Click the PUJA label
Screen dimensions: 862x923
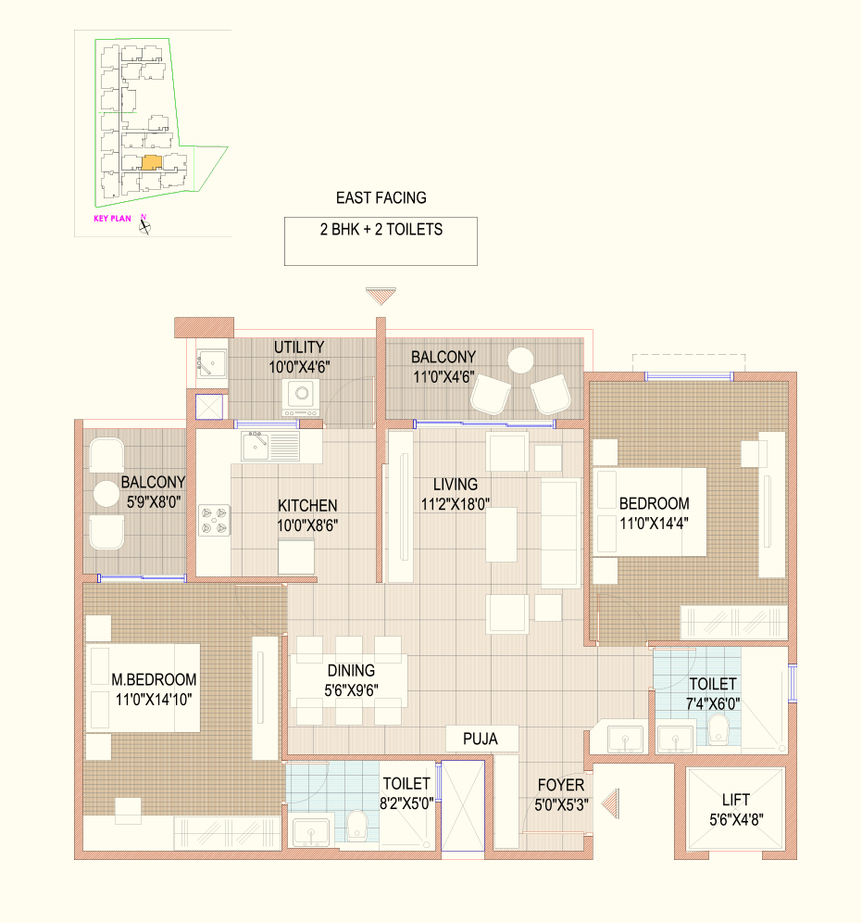pos(481,739)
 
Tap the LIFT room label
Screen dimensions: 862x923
pos(735,800)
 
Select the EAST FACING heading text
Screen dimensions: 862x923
pos(381,197)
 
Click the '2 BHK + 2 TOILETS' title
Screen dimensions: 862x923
pos(381,230)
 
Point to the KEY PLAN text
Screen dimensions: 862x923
pos(112,219)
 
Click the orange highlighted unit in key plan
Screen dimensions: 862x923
pos(152,162)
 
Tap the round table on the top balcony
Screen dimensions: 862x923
pos(520,360)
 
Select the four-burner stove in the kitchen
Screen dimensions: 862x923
pos(214,520)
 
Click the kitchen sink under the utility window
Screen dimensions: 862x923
pos(256,446)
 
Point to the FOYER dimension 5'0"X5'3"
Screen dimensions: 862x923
pos(561,804)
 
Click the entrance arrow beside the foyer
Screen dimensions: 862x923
pos(610,803)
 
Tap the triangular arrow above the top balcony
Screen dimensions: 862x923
pos(381,297)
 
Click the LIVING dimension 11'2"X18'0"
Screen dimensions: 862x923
pos(456,504)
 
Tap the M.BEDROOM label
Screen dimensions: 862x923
pos(154,679)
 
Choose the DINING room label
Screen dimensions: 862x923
pos(351,670)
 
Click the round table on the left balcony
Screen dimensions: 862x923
pos(106,493)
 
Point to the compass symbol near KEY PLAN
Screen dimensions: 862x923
pos(144,224)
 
